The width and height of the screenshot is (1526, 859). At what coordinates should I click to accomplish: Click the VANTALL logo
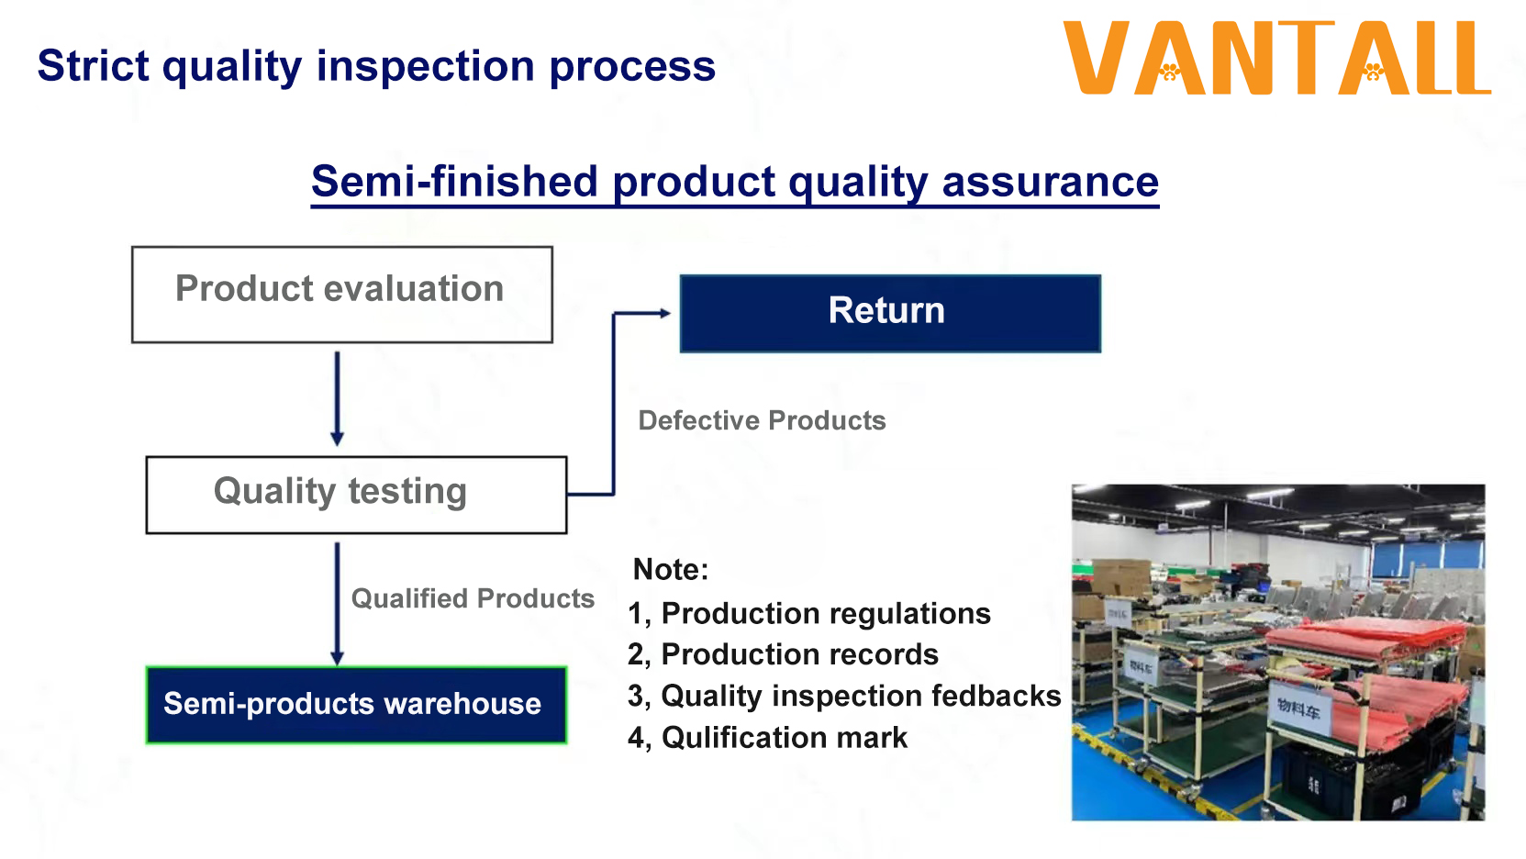(1276, 59)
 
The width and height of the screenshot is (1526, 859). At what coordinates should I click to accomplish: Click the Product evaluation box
(341, 294)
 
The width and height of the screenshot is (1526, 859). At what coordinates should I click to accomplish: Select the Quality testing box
(356, 494)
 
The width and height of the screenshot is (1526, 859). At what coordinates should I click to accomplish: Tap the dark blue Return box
(889, 313)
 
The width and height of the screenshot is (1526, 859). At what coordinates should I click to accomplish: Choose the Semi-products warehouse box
(356, 704)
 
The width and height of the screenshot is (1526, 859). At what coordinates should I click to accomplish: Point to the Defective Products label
(762, 420)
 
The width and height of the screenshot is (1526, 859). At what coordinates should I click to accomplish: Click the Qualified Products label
(473, 598)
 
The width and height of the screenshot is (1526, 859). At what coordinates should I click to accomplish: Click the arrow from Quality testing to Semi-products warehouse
(337, 601)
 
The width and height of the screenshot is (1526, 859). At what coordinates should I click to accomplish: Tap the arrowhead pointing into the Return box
(663, 313)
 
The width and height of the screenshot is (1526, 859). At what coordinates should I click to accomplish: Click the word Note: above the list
(670, 569)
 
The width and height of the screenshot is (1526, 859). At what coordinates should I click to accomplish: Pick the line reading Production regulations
(809, 613)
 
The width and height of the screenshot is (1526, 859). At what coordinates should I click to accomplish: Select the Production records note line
(783, 654)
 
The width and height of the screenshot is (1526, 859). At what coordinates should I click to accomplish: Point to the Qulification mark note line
(767, 737)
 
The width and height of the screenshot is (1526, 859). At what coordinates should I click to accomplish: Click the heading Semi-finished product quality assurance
(734, 181)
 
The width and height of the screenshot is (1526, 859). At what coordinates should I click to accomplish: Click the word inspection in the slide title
(426, 66)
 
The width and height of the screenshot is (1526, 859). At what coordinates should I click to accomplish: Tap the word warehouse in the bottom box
(462, 704)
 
